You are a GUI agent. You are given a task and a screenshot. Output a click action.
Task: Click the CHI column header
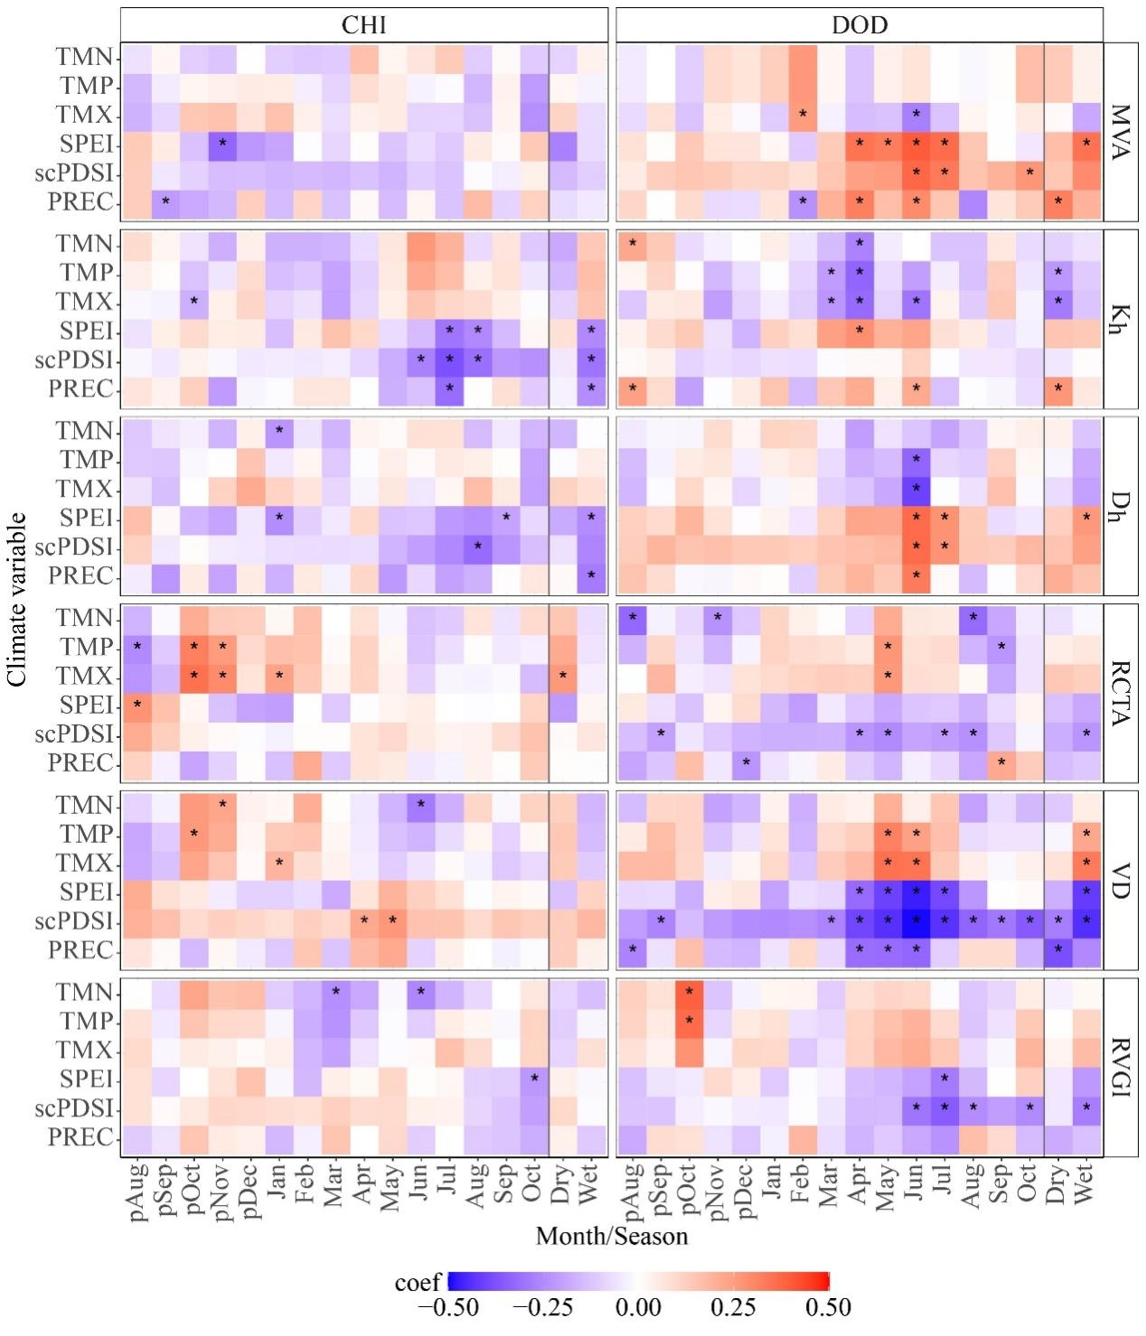pos(363,24)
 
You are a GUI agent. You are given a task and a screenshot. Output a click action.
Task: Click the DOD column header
pos(859,24)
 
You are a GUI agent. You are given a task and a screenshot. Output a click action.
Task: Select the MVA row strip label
pos(1121,132)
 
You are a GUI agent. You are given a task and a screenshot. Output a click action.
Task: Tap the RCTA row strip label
pos(1121,692)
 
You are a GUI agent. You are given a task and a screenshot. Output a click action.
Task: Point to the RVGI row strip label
pos(1121,1066)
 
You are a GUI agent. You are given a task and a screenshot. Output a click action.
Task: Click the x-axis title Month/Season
pos(612,1236)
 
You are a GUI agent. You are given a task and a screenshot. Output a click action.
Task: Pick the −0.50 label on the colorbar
pos(449,1308)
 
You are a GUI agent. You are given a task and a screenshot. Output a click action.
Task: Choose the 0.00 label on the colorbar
pos(638,1308)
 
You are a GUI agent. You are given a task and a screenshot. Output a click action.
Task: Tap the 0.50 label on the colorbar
pos(829,1308)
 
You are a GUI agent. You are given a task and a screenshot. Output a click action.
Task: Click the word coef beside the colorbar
pos(418,1283)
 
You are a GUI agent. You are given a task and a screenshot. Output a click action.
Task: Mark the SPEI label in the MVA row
pos(86,145)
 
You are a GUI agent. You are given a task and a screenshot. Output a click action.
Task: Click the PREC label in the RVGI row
pos(81,1137)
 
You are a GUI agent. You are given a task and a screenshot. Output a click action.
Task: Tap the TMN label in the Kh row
pos(84,244)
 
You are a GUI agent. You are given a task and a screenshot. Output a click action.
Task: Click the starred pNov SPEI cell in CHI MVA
pos(221,145)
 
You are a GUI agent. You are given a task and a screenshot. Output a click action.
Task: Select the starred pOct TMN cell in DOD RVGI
pos(689,992)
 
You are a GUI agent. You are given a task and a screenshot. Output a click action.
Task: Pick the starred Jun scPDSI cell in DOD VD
pos(916,921)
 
